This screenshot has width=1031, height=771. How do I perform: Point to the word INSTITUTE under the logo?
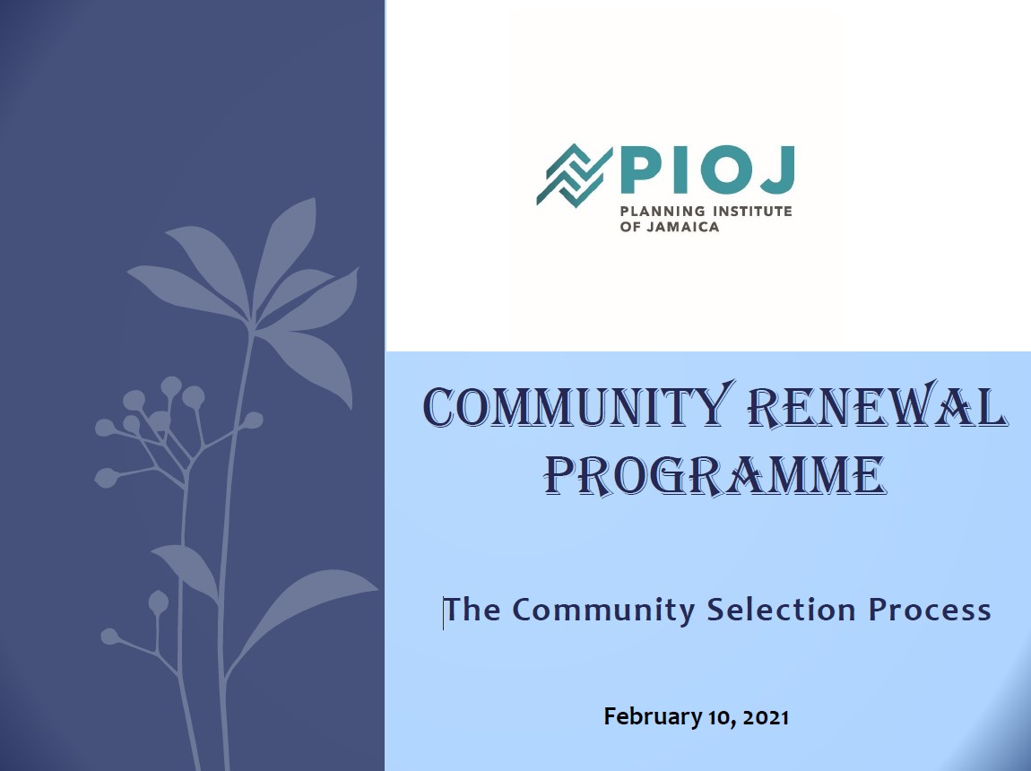point(752,211)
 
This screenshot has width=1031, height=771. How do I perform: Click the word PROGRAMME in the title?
point(715,474)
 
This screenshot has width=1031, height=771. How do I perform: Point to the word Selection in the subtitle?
point(781,610)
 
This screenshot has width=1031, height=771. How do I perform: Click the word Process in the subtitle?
point(930,610)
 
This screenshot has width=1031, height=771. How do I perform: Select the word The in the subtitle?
point(472,610)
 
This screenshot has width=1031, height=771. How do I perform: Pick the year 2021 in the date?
point(766,716)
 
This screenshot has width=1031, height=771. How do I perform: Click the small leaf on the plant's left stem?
point(186,568)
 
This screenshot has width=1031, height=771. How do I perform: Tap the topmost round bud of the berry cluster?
point(171,385)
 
